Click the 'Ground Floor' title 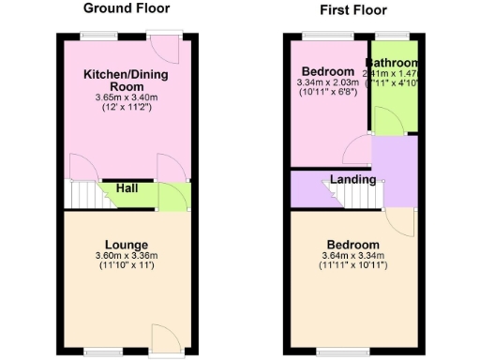pos(127,8)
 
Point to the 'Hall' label pos(128,188)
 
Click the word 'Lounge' pos(127,244)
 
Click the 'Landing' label pos(352,179)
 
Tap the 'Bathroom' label pos(393,64)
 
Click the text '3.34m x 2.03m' pos(327,82)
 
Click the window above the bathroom pos(393,36)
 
